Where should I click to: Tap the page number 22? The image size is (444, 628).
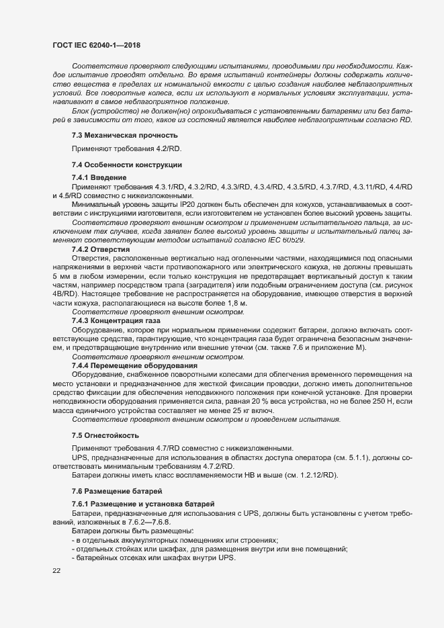56,571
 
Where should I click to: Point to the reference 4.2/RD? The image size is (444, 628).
170,167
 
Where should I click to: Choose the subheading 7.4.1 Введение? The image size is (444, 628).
99,195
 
